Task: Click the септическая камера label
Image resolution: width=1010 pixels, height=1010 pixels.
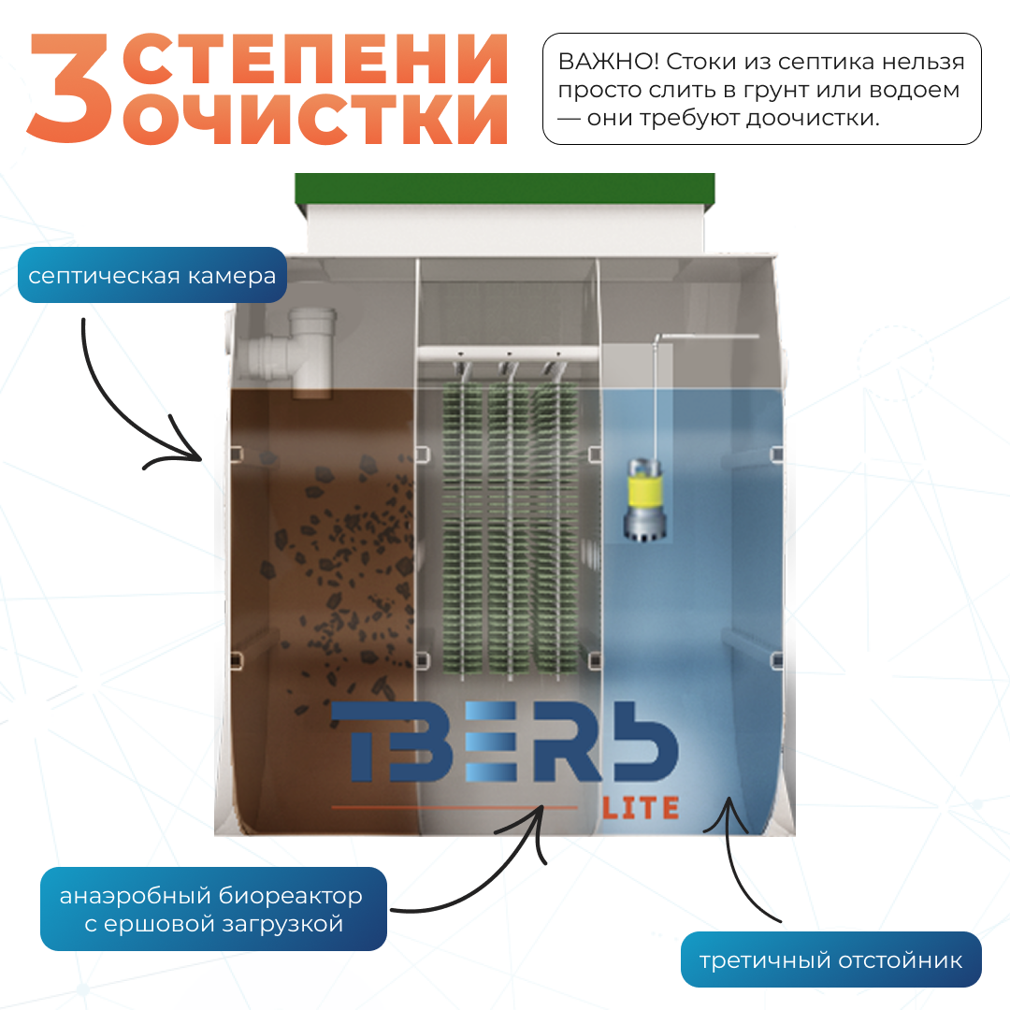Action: point(152,275)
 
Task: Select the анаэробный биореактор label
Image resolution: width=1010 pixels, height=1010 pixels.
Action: point(213,909)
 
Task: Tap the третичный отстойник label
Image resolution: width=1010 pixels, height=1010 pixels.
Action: point(831,959)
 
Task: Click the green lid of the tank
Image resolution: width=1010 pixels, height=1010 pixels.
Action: point(505,188)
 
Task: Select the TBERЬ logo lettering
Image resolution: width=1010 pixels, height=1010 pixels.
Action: point(504,742)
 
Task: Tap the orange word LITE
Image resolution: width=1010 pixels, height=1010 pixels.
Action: point(641,808)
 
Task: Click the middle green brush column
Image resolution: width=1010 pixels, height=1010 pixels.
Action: point(509,528)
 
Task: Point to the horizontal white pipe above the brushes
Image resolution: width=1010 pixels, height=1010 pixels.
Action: point(509,353)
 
